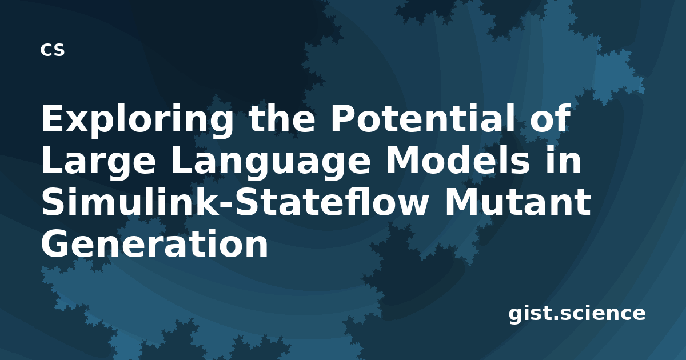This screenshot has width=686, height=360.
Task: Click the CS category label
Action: (x=53, y=50)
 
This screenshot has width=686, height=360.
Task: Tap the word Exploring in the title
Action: (x=137, y=120)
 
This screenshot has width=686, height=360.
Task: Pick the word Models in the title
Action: (x=458, y=160)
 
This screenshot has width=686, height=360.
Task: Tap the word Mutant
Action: (x=517, y=202)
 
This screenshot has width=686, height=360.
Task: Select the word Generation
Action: (x=155, y=243)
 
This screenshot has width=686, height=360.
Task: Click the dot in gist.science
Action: (x=555, y=318)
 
